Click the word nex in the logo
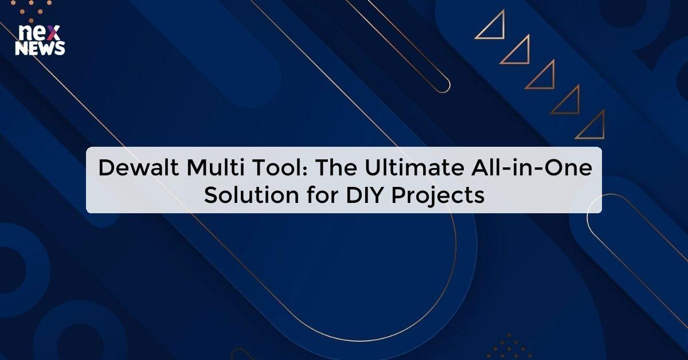[x=36, y=34]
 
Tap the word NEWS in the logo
[x=40, y=49]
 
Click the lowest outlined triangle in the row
[x=593, y=127]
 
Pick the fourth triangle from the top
[x=568, y=101]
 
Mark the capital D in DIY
[x=351, y=195]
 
